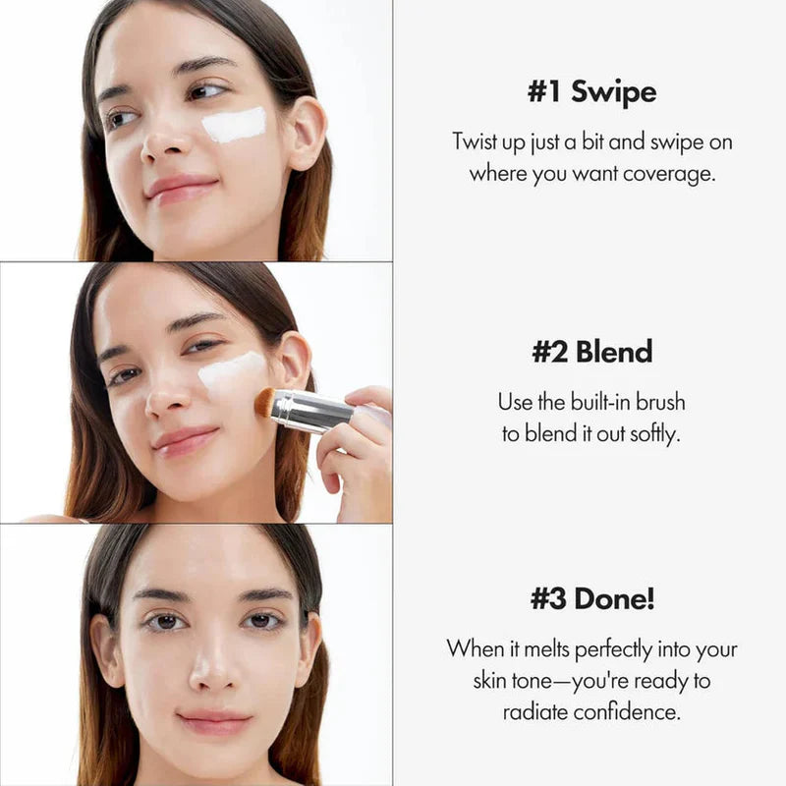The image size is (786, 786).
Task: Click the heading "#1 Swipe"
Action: [591, 92]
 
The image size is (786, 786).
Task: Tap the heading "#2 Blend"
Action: [591, 352]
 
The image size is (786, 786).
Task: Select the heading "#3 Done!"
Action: [591, 598]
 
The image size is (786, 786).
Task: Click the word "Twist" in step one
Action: [476, 141]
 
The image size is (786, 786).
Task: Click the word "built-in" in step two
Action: [592, 402]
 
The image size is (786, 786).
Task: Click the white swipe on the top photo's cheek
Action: [234, 125]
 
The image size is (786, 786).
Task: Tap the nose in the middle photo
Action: [169, 396]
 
